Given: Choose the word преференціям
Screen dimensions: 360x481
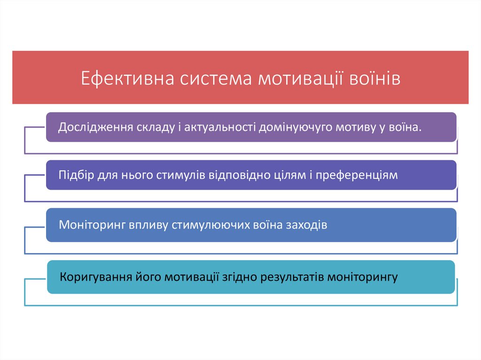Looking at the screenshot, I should pyautogui.click(x=357, y=175).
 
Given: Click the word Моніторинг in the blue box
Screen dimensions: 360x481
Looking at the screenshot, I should pyautogui.click(x=88, y=225).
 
